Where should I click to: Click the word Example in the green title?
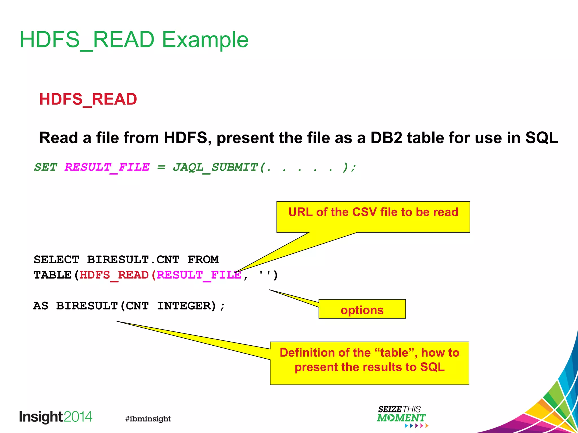coord(205,40)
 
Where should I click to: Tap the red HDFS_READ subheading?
coord(88,99)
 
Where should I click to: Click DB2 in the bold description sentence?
coord(386,138)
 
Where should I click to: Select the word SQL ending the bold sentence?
coord(541,138)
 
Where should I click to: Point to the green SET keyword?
coord(45,167)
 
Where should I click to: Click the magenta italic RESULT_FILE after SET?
coord(107,167)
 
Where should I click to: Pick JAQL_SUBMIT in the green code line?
coord(215,167)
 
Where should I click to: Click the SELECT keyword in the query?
coord(56,260)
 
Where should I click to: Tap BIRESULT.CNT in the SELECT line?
coord(133,260)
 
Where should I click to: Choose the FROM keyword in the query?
coord(203,260)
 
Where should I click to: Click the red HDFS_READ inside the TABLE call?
coord(114,275)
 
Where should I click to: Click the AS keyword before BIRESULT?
coord(41,306)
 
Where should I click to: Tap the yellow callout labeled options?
coord(362,310)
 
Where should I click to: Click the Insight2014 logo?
coord(56,417)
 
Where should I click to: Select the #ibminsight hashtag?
coord(148,419)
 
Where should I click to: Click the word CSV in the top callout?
coord(364,212)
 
